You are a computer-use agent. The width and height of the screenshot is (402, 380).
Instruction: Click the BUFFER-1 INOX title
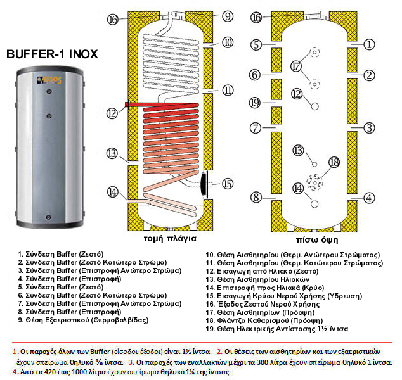click(x=52, y=54)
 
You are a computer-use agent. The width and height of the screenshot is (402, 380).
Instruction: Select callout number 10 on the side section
click(x=228, y=42)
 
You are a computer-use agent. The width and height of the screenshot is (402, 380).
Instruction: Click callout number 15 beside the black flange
click(x=228, y=184)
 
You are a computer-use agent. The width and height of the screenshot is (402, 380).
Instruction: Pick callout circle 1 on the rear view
click(x=369, y=44)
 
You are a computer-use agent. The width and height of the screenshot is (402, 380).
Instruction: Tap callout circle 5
click(x=256, y=44)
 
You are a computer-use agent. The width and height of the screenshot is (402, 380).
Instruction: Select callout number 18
click(x=334, y=163)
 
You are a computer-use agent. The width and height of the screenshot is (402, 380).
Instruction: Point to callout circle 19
click(x=256, y=103)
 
